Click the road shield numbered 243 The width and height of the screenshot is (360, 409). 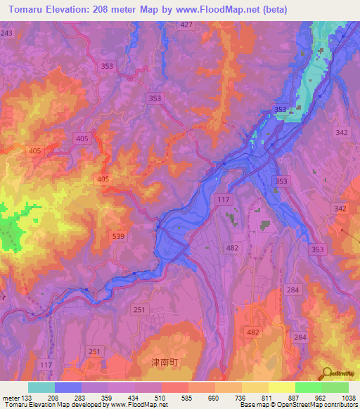tap(7, 33)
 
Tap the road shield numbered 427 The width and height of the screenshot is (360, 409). tap(186, 25)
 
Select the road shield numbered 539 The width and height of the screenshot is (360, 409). tap(118, 236)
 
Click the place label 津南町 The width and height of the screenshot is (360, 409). tap(146, 362)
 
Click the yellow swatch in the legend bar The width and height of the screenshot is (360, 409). tap(281, 387)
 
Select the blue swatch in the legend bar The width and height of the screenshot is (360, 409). tap(68, 387)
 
